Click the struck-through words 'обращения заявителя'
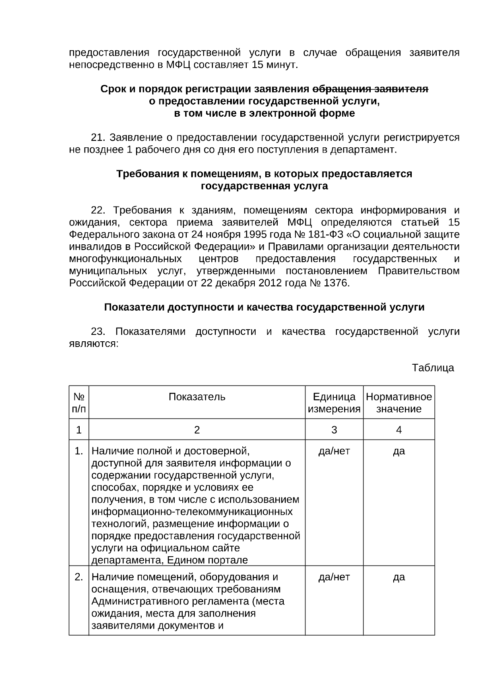[370, 89]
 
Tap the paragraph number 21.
[98, 138]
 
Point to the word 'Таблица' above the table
[433, 367]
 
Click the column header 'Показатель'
[197, 397]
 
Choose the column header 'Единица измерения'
[334, 403]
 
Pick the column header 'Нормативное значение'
[398, 403]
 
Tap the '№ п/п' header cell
[79, 403]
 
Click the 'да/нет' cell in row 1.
[334, 451]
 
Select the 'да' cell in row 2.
[398, 577]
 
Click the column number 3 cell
[334, 430]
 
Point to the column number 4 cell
[398, 430]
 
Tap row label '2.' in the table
[79, 577]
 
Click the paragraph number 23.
[98, 332]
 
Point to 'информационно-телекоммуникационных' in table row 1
[192, 512]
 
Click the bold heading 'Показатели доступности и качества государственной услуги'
[264, 307]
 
